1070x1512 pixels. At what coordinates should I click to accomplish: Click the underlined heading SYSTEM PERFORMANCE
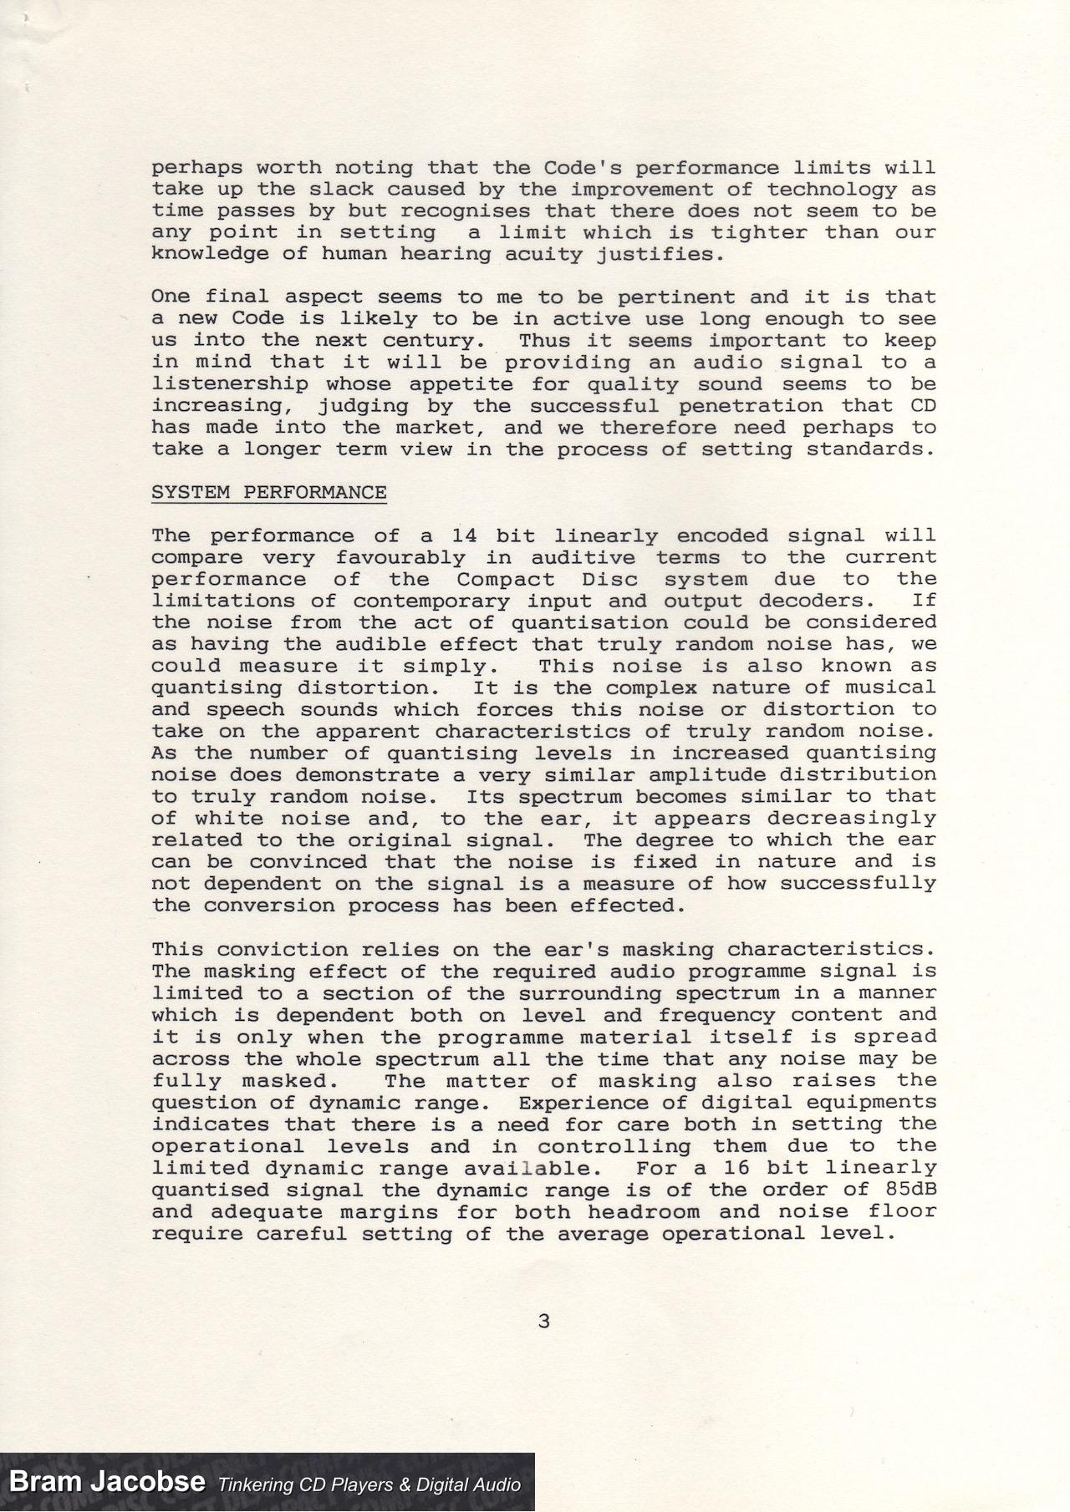268,492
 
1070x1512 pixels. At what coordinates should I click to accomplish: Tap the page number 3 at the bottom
544,1321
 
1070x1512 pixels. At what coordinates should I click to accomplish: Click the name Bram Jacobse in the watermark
107,1482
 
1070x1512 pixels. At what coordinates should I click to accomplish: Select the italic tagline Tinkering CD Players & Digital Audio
369,1484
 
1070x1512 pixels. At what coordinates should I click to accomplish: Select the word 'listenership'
229,383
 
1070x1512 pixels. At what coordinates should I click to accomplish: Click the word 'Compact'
505,579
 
